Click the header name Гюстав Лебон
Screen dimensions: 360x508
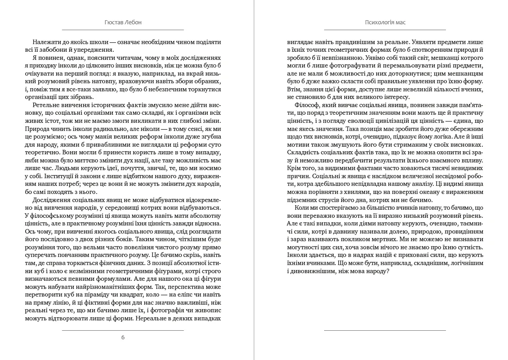pos(123,22)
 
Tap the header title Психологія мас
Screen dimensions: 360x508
pos(385,22)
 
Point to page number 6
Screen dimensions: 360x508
pos(123,337)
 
